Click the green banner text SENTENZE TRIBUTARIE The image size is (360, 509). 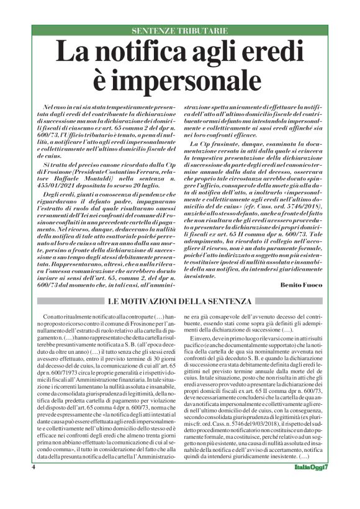click(180, 30)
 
